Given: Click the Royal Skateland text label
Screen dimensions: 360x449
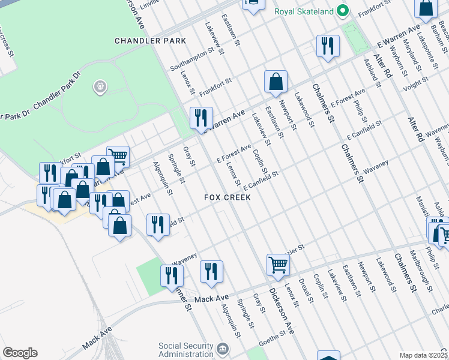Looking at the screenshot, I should click(x=304, y=11).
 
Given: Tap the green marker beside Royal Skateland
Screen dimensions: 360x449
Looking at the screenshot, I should click(x=343, y=11).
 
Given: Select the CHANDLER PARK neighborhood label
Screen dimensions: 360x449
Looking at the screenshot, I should click(x=151, y=41).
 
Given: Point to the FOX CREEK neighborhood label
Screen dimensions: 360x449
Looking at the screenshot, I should click(x=227, y=197).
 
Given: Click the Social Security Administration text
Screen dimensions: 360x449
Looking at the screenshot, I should click(x=185, y=350).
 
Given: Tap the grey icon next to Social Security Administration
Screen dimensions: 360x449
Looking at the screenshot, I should click(x=223, y=349).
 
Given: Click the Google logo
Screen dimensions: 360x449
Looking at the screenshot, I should click(x=20, y=353).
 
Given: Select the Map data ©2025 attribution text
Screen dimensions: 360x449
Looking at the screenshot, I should click(x=423, y=355).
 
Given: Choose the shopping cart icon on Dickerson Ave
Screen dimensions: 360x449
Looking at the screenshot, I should click(x=278, y=264).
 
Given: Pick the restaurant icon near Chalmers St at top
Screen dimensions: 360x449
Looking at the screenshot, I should click(x=327, y=46).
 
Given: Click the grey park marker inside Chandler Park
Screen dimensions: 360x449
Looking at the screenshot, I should click(x=100, y=88).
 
